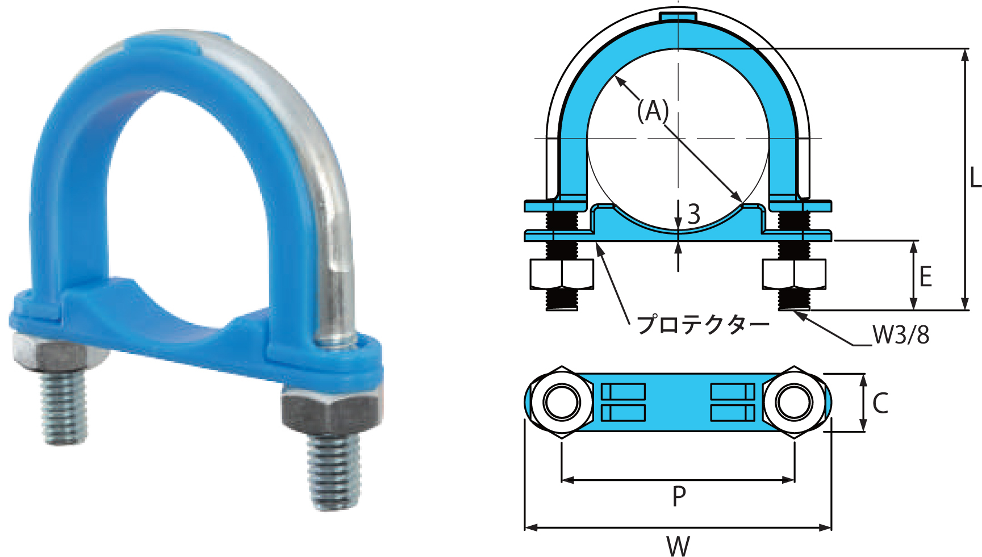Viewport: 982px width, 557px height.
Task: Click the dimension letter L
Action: click(x=975, y=177)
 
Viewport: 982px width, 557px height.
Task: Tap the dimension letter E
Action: click(x=925, y=277)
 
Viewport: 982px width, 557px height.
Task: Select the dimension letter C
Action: click(x=880, y=403)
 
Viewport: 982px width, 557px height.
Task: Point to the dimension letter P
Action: click(x=679, y=496)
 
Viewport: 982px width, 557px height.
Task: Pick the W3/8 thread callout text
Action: click(x=901, y=335)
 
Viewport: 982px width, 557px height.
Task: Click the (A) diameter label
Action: click(x=653, y=111)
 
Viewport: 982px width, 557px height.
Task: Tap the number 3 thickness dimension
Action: click(x=693, y=214)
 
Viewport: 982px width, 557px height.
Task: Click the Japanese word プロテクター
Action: click(x=703, y=325)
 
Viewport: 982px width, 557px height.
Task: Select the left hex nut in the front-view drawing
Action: click(x=562, y=274)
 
